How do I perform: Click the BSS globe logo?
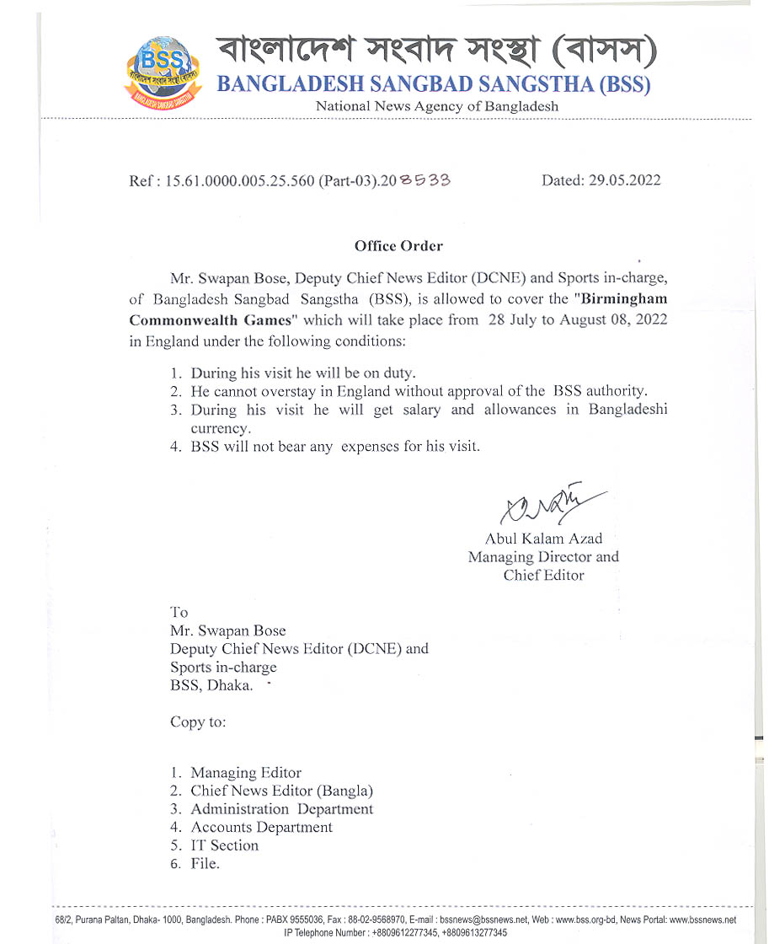click(x=163, y=72)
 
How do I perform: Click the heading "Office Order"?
click(x=398, y=246)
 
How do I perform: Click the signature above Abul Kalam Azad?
click(x=547, y=504)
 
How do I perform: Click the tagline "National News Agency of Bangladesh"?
click(x=436, y=106)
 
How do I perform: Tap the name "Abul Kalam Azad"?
click(x=543, y=539)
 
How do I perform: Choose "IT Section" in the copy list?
click(x=224, y=845)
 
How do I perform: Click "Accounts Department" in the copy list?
click(x=261, y=828)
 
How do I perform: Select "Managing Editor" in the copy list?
click(x=245, y=773)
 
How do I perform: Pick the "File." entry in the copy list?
click(x=205, y=864)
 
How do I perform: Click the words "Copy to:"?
click(x=198, y=722)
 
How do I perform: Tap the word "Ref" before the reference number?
click(x=141, y=180)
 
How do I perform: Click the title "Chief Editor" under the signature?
click(x=543, y=576)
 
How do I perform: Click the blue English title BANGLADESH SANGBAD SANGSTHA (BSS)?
click(x=434, y=84)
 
